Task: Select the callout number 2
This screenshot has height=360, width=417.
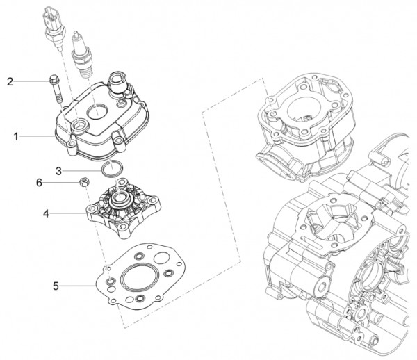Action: click(x=10, y=82)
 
